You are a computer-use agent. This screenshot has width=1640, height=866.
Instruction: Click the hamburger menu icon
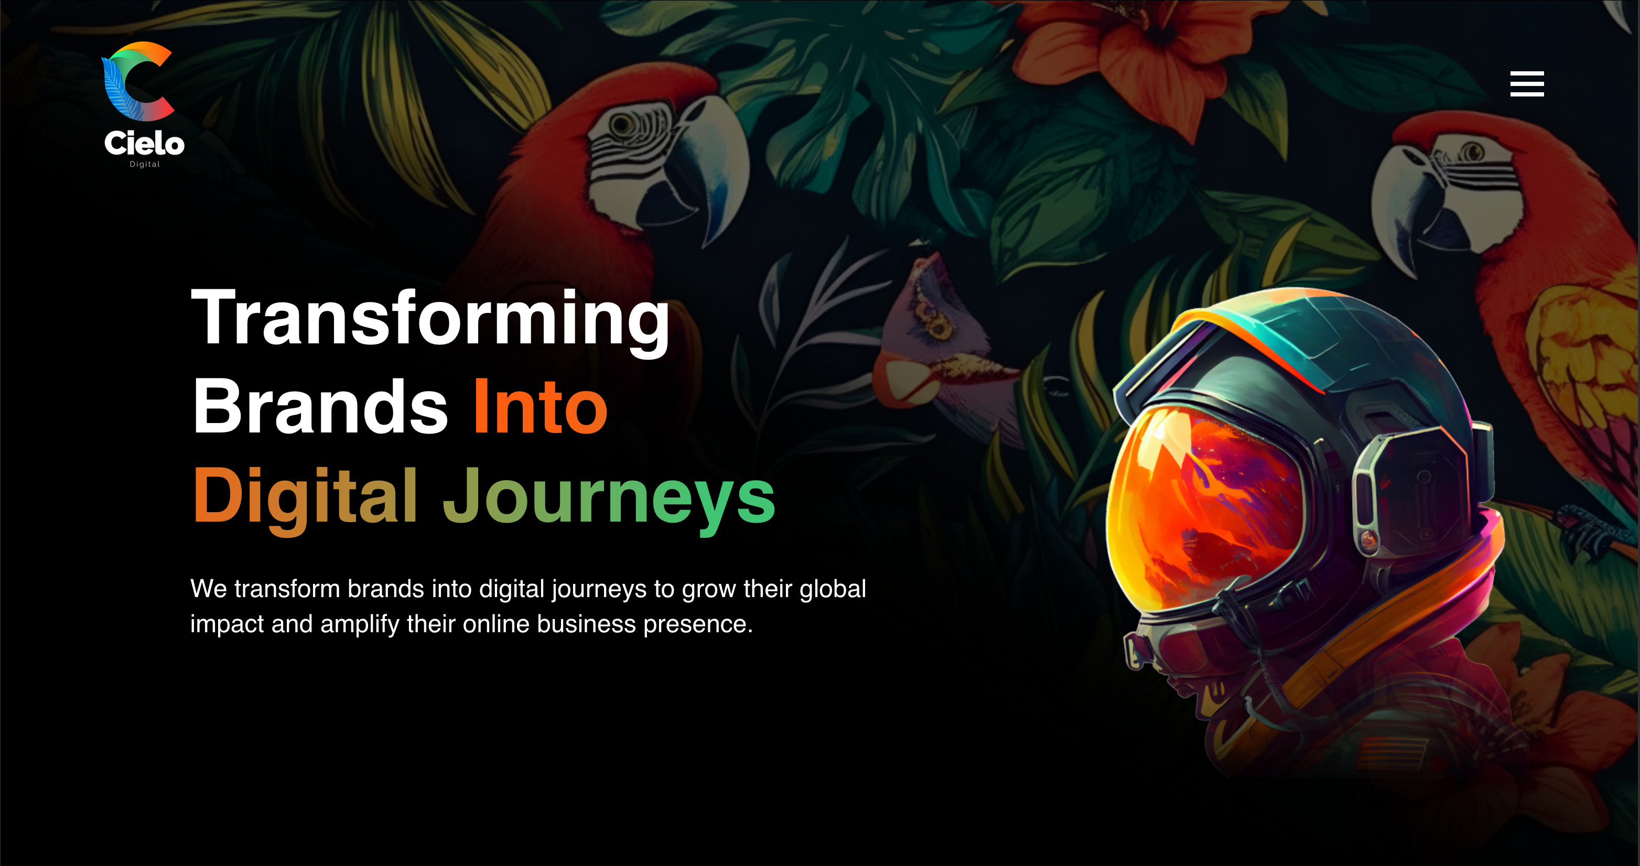(1527, 84)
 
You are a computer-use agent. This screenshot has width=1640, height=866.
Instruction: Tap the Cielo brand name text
(145, 143)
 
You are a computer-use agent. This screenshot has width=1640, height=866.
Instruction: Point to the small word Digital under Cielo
(145, 164)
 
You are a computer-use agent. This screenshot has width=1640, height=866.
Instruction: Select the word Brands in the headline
(321, 406)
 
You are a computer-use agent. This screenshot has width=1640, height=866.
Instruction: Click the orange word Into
(541, 406)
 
